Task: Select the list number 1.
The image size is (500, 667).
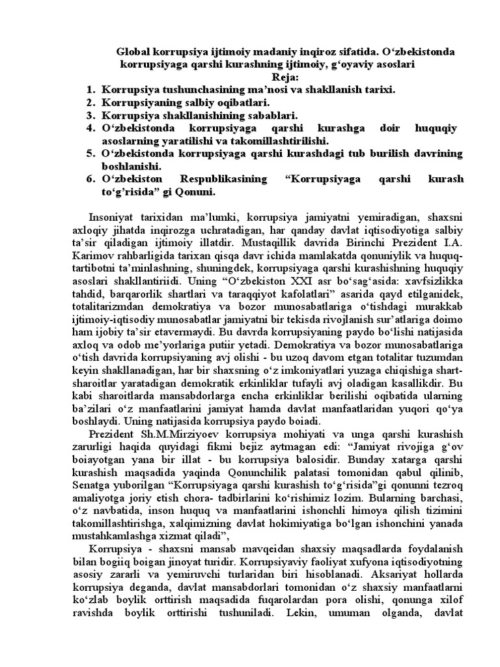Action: click(x=90, y=90)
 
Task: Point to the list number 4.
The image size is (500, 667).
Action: click(x=90, y=128)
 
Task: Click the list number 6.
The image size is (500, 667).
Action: click(x=90, y=178)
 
